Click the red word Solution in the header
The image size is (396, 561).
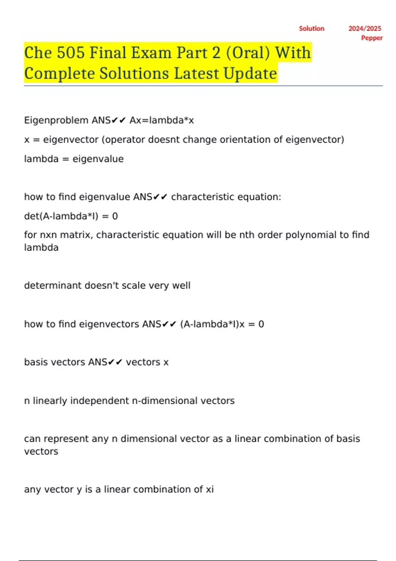[312, 29]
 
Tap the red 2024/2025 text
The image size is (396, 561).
[365, 29]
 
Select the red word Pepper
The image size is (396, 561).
[372, 38]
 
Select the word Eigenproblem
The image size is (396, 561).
[56, 120]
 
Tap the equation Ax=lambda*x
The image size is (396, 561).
[162, 120]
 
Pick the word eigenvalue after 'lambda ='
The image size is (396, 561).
[98, 159]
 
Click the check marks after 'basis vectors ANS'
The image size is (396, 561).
[115, 362]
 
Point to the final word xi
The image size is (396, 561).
[210, 489]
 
